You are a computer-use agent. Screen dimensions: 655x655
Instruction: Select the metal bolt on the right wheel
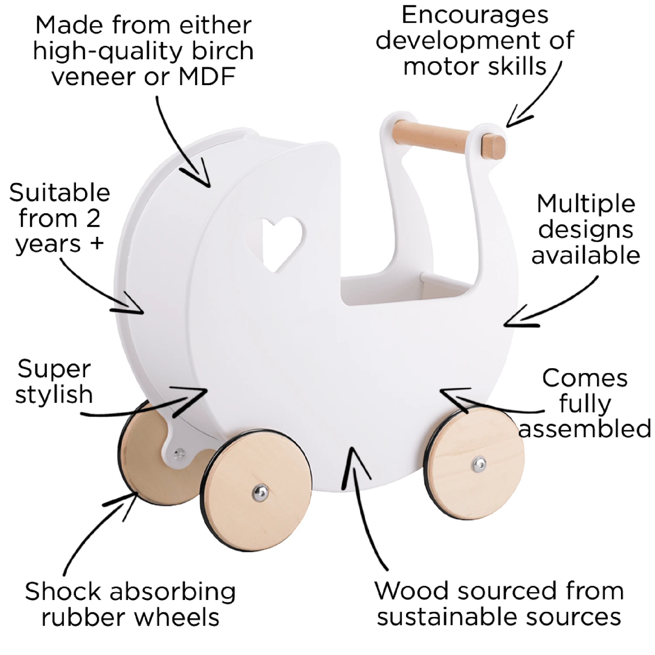point(479,464)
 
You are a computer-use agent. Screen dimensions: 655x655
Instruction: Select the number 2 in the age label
point(93,218)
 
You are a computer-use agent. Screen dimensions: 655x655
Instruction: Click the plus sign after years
point(97,243)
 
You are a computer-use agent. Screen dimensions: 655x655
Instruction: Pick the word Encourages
point(475,15)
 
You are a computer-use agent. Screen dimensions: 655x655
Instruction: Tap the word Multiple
point(586,204)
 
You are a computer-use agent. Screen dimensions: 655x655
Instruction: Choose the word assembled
point(585,429)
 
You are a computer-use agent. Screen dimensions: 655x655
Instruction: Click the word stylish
point(54,395)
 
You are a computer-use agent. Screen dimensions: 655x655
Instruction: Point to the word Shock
point(63,592)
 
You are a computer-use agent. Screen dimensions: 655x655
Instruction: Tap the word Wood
point(412,591)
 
